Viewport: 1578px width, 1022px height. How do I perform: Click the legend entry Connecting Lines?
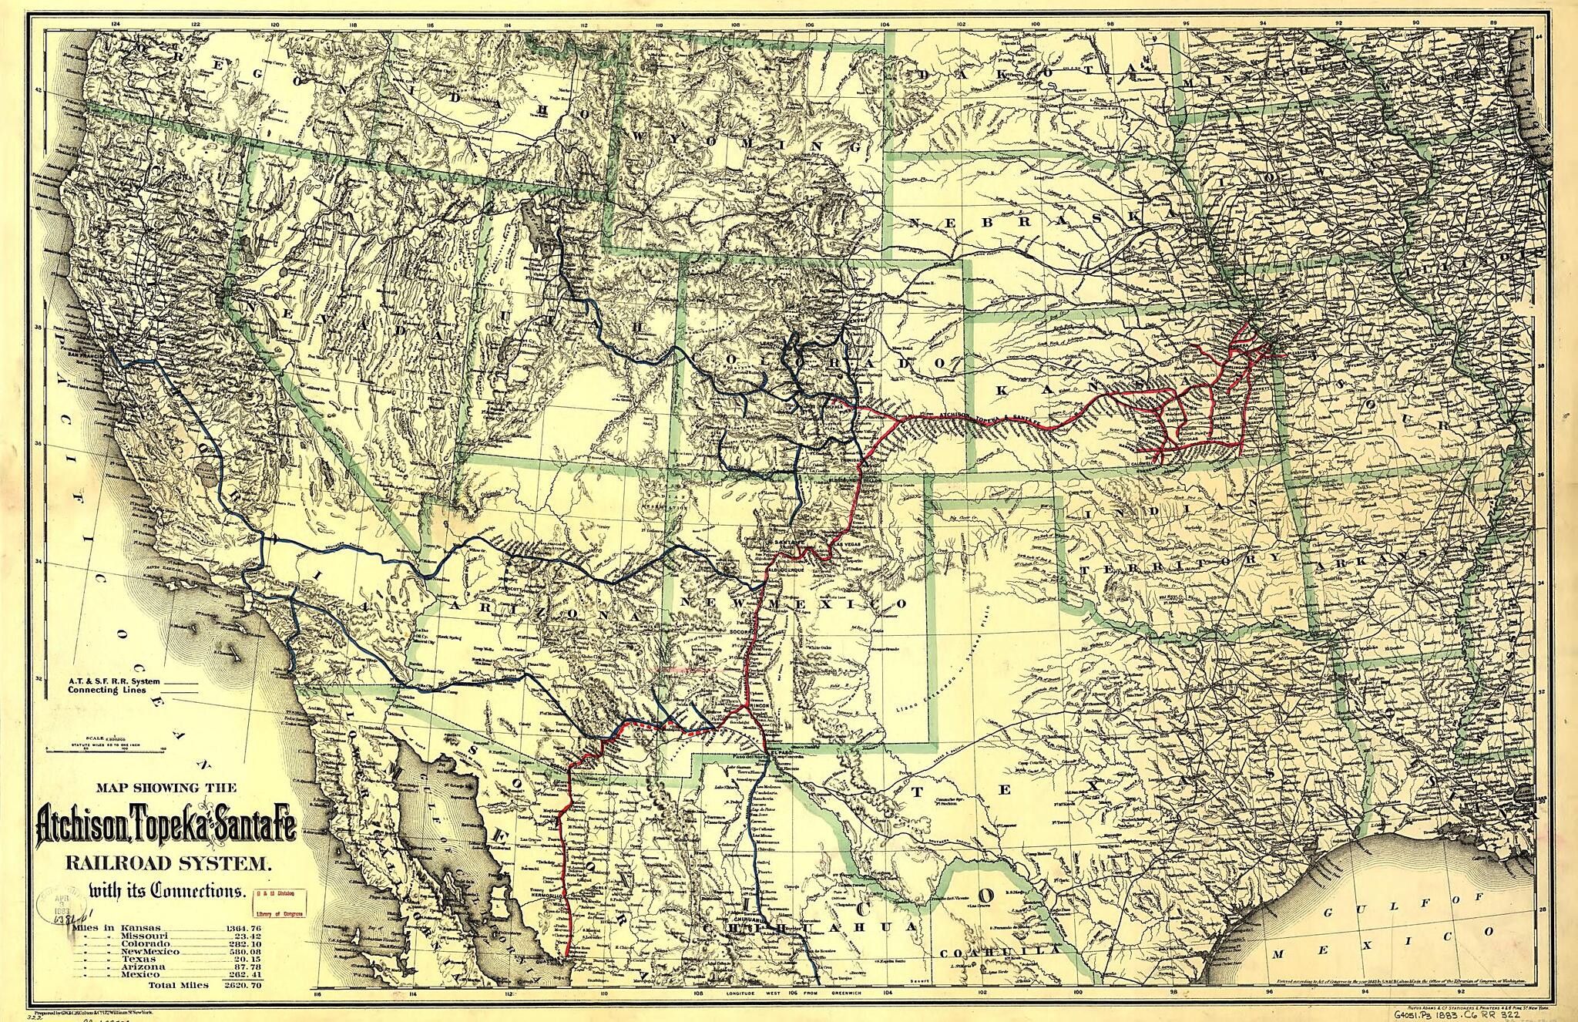(107, 691)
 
